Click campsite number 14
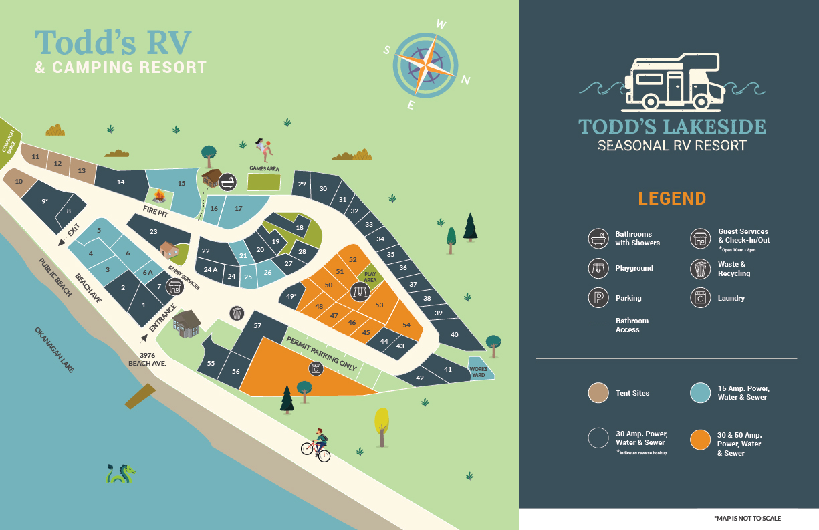[x=121, y=182]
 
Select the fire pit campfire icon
[x=159, y=195]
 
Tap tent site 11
[x=35, y=157]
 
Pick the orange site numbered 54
[x=406, y=325]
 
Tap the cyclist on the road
[x=317, y=444]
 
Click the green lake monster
[x=120, y=473]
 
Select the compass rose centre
[x=425, y=65]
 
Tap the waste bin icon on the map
[x=237, y=313]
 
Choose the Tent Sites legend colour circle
[x=598, y=393]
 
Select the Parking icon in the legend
[x=598, y=298]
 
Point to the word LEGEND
[x=672, y=198]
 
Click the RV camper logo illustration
[x=672, y=82]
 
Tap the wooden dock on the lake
[x=140, y=396]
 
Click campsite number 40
[x=455, y=334]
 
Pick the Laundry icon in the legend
[x=700, y=298]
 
